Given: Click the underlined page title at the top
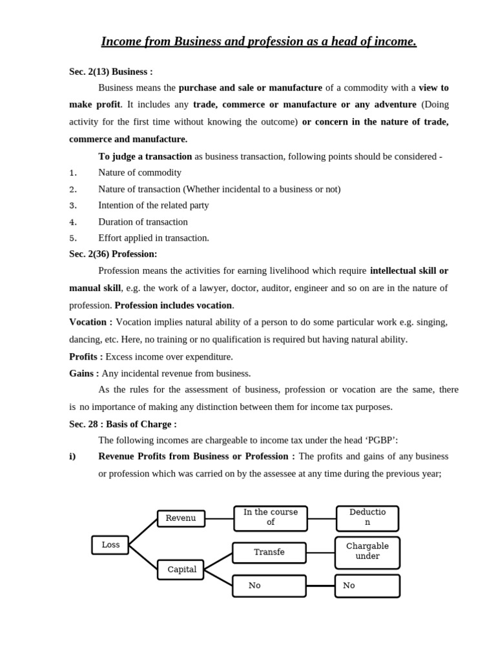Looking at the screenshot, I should click(258, 42).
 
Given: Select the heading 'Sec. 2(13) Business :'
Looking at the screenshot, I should click(111, 72).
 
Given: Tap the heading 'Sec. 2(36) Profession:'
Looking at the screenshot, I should click(113, 254).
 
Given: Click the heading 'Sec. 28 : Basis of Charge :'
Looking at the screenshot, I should click(123, 424).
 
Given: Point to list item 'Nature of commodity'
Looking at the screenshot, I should click(139, 172).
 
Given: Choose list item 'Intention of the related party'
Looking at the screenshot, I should click(154, 205).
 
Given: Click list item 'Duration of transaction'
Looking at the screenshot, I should click(143, 221).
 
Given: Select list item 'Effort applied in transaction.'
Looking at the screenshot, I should click(154, 238).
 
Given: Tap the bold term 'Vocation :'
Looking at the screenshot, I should click(90, 321).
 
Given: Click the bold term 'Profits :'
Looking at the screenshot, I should click(86, 356).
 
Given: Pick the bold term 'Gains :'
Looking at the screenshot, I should click(84, 373).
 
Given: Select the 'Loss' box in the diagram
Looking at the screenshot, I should click(110, 545).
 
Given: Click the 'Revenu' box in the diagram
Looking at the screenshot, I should click(181, 518).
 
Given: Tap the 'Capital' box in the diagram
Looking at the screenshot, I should click(181, 569).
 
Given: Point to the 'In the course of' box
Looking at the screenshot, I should click(271, 518).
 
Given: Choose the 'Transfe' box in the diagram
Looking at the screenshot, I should click(269, 553).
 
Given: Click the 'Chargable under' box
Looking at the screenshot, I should click(367, 552).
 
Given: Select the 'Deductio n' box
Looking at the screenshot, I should click(367, 518).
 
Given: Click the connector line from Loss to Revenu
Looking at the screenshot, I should click(143, 531).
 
